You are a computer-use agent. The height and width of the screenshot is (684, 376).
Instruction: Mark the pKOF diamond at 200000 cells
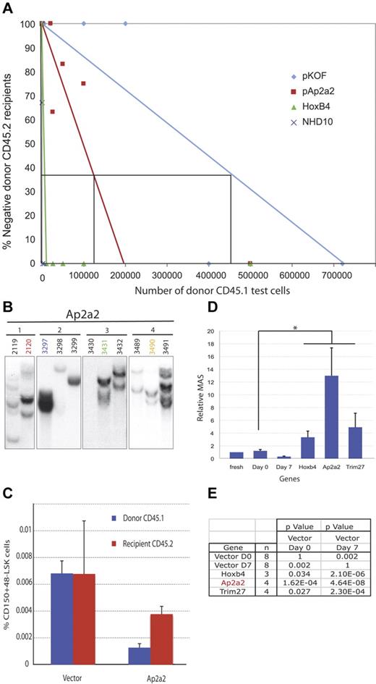(x=126, y=24)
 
